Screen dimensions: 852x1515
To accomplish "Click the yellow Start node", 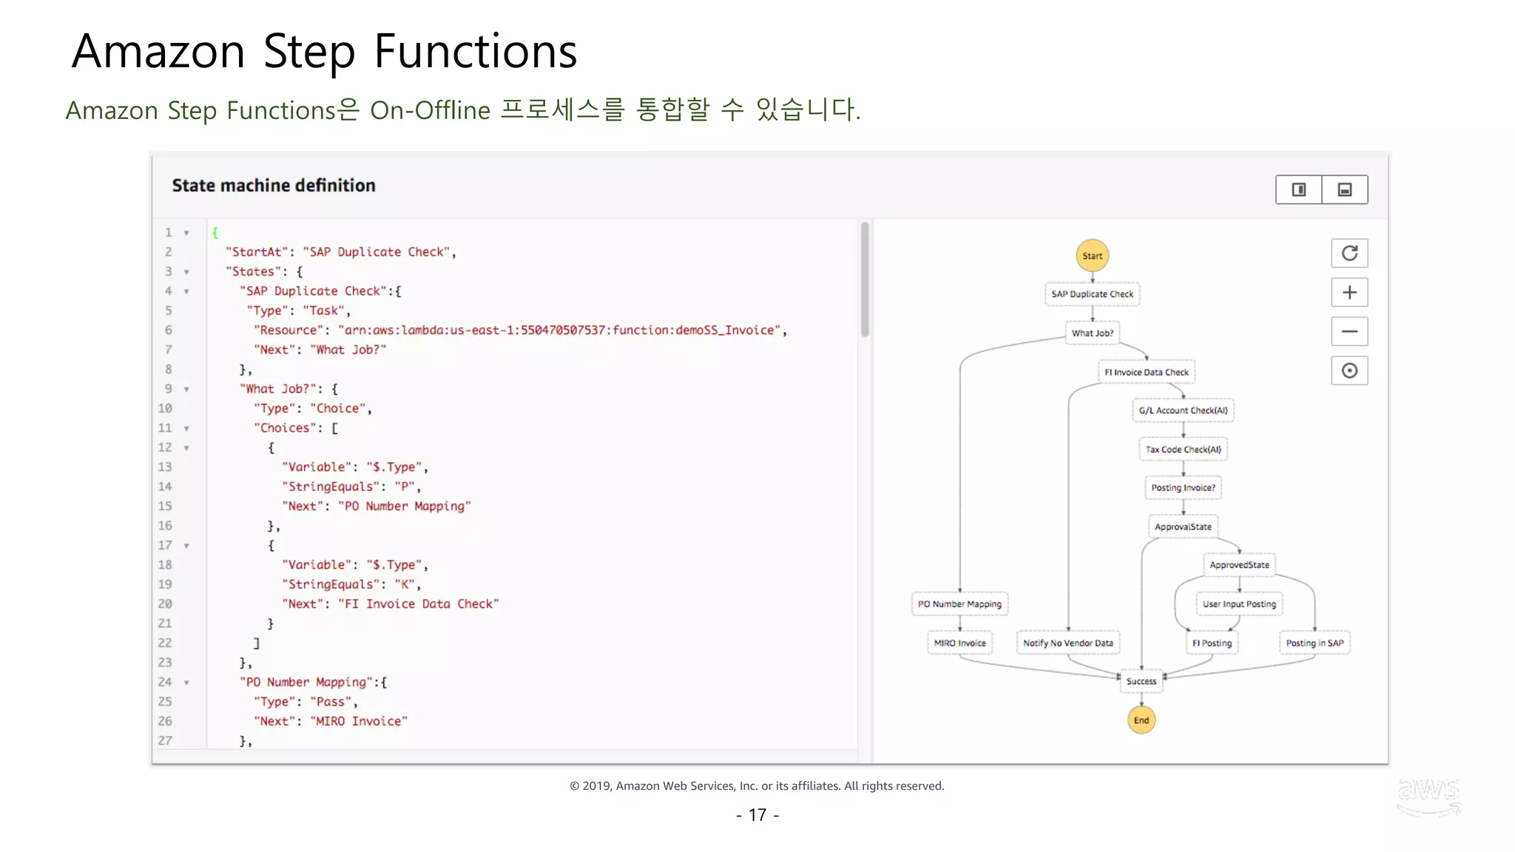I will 1092,256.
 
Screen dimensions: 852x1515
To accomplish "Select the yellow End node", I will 1141,720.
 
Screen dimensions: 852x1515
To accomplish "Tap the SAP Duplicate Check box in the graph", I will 1092,294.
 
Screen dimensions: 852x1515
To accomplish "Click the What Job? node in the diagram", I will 1092,333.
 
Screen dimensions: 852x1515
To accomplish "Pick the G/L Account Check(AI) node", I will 1183,410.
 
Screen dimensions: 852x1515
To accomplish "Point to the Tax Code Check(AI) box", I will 1183,449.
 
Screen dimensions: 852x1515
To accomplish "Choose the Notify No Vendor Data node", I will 1067,643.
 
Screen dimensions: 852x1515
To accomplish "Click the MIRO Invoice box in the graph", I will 959,643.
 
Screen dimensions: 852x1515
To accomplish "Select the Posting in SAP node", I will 1314,643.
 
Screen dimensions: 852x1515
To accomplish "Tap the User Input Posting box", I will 1239,603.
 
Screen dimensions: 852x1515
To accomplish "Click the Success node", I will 1141,681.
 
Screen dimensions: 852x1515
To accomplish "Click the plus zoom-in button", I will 1349,293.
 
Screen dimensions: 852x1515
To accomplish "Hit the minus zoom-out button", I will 1349,331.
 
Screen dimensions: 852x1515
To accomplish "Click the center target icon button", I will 1349,371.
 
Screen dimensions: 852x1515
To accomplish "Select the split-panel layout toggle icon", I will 1298,190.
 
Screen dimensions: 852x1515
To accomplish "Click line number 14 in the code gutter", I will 165,487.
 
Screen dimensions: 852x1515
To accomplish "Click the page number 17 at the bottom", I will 757,815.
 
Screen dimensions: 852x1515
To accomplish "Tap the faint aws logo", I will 1428,796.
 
